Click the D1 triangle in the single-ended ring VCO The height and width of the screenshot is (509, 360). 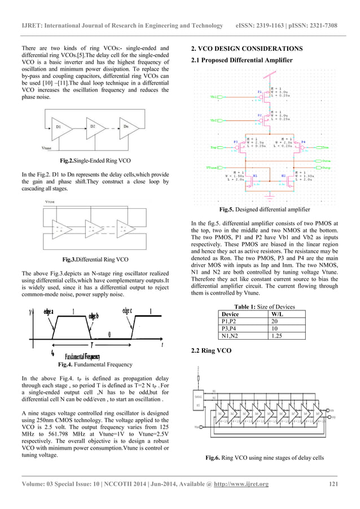(x=59, y=128)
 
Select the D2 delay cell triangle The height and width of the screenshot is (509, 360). (x=92, y=128)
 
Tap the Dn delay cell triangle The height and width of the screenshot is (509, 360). (x=126, y=128)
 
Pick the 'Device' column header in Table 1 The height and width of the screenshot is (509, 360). (x=231, y=314)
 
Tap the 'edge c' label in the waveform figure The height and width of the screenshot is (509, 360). (x=127, y=310)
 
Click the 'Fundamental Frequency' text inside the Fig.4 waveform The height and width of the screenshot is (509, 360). (x=82, y=357)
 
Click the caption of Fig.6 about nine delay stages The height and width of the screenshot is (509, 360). (x=264, y=458)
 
